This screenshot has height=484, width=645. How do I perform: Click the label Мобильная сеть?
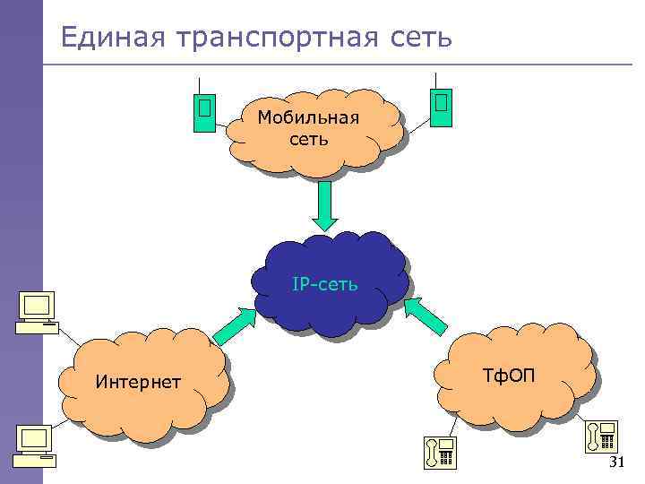[308, 127]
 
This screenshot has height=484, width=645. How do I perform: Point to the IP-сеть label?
[325, 285]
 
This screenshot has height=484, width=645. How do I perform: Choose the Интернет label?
[138, 383]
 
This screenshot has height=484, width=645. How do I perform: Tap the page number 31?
[615, 462]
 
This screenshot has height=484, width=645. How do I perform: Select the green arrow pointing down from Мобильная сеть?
[325, 206]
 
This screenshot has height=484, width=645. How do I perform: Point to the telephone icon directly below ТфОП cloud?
[441, 452]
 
